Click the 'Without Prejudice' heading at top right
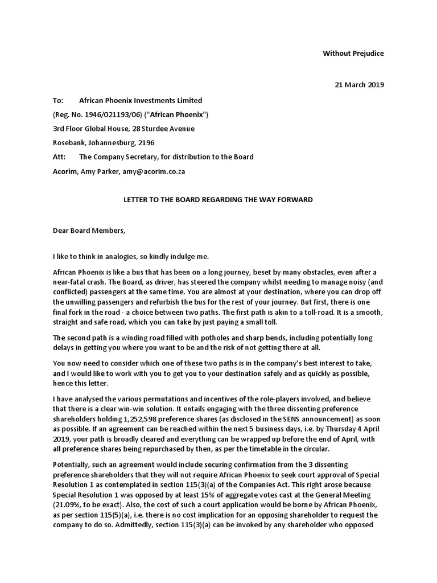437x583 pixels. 353,54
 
